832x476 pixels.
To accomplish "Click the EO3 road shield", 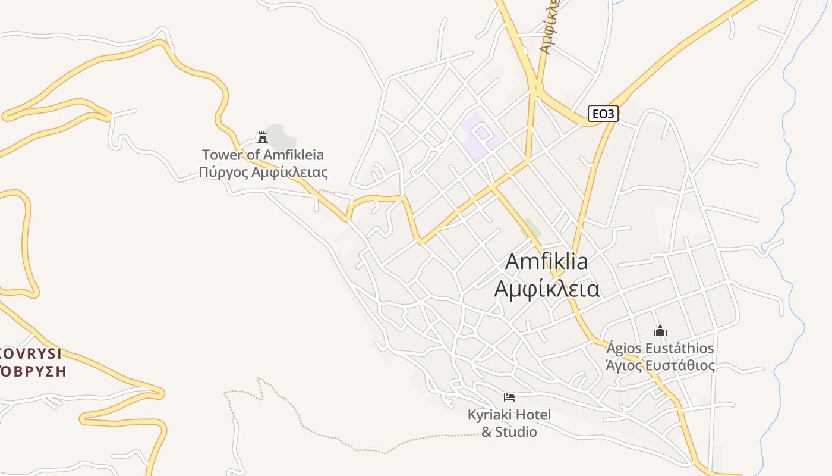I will click(x=603, y=113).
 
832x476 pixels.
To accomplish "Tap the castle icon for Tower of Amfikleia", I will click(x=262, y=137).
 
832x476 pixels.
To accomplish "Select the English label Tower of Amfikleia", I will click(x=263, y=155).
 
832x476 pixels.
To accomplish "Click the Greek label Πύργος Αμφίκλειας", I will click(x=263, y=173).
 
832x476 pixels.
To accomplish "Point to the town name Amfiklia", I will click(x=547, y=261).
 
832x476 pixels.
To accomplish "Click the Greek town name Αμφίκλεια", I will click(x=547, y=289).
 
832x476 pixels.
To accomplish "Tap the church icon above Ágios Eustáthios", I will click(x=660, y=331).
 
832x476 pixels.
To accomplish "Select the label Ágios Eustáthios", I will click(x=660, y=348).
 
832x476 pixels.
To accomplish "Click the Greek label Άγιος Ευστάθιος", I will click(x=660, y=365).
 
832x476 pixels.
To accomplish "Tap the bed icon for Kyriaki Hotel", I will click(x=509, y=397).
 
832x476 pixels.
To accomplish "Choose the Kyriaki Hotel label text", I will click(x=509, y=415).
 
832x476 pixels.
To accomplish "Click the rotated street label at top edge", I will click(x=548, y=27).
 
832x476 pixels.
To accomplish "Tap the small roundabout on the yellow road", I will click(x=536, y=89).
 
